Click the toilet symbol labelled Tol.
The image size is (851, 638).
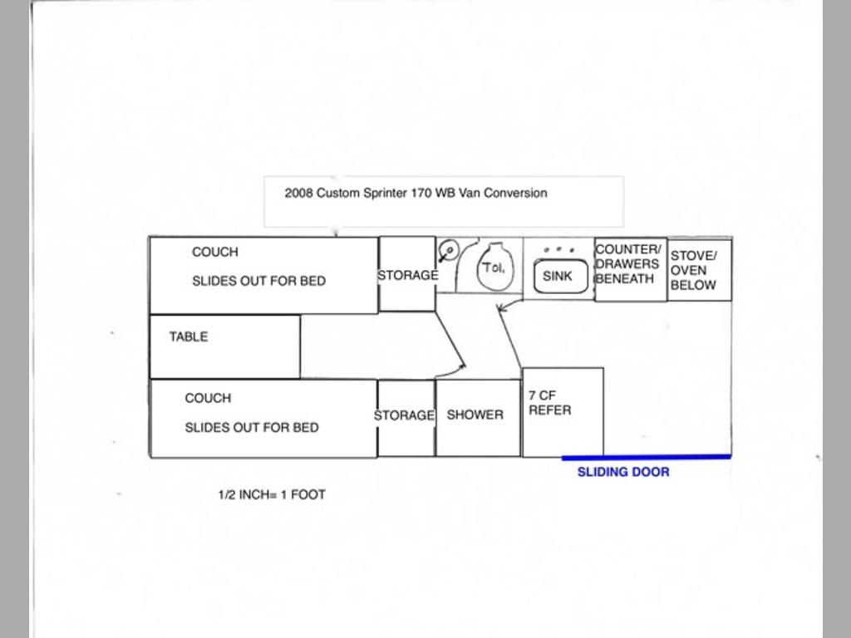click(x=494, y=267)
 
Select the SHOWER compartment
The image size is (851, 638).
click(x=478, y=418)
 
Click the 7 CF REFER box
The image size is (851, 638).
click(x=563, y=412)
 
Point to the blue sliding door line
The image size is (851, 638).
click(x=647, y=458)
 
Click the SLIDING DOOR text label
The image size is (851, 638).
click(x=623, y=472)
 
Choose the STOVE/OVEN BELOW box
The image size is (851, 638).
click(x=699, y=270)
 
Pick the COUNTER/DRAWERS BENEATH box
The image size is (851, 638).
click(x=631, y=269)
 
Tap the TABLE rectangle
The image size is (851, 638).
click(x=224, y=346)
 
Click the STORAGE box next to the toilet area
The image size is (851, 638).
click(x=407, y=274)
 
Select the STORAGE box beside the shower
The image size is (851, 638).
click(x=406, y=418)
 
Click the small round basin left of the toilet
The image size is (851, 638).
click(x=449, y=251)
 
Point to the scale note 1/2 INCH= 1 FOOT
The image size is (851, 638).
click(x=272, y=495)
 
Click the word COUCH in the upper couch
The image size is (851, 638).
click(x=215, y=253)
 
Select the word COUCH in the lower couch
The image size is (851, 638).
click(x=208, y=398)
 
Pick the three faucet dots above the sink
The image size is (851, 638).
click(x=559, y=249)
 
